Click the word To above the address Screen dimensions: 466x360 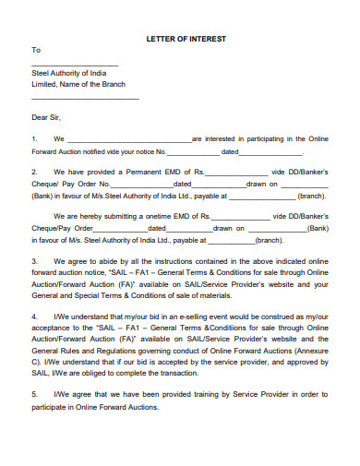(x=36, y=50)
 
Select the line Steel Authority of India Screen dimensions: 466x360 (x=69, y=73)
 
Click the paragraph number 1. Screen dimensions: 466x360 (x=35, y=139)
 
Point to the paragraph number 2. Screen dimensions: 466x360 (x=35, y=173)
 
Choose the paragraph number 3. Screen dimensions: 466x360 (x=35, y=261)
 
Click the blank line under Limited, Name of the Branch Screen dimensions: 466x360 (x=85, y=97)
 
